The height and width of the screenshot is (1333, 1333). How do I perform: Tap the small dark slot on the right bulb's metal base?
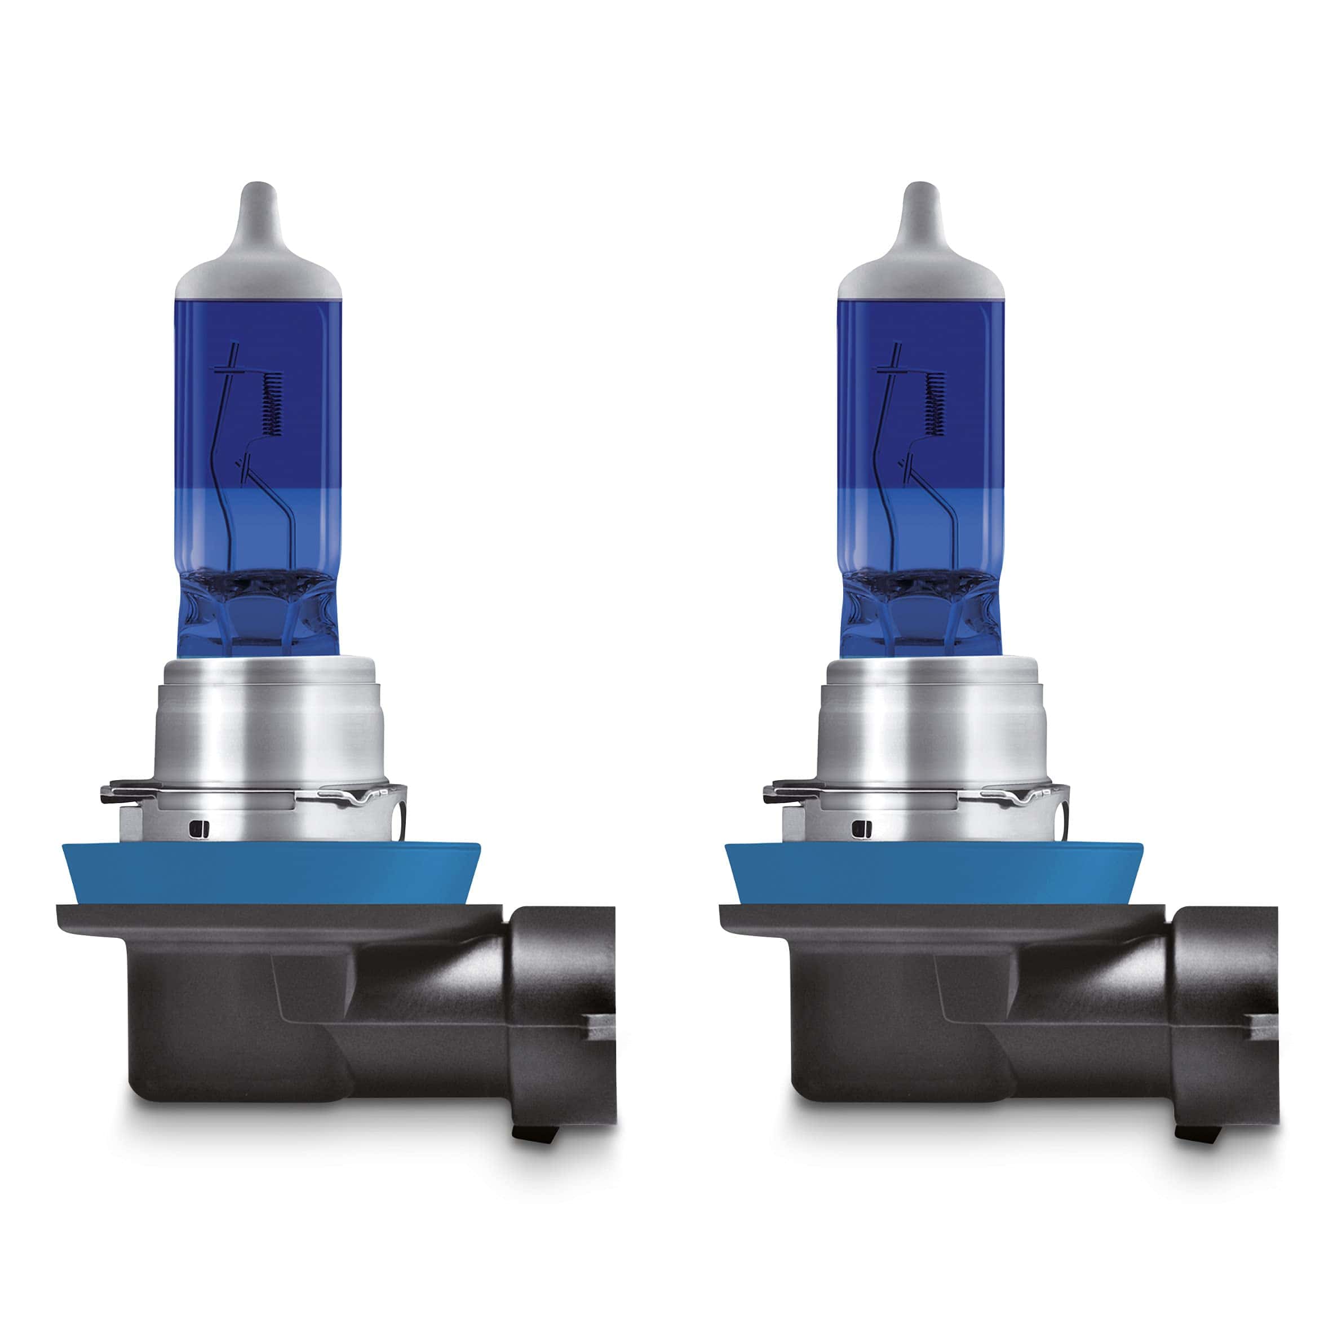[x=858, y=826]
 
